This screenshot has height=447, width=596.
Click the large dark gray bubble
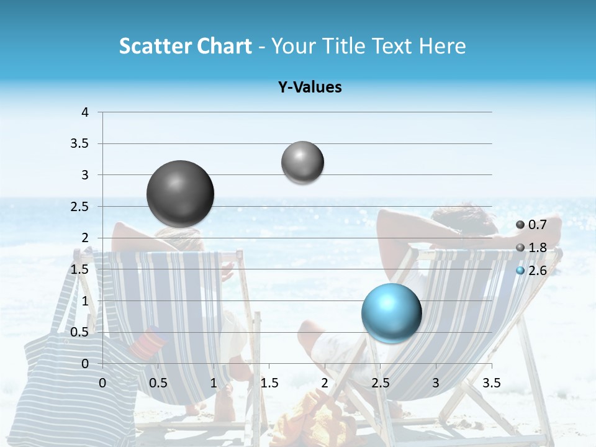click(181, 194)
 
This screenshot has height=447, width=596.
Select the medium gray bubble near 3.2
click(302, 162)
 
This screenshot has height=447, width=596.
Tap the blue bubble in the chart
click(391, 313)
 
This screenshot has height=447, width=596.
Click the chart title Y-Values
click(310, 88)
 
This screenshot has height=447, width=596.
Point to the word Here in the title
click(442, 46)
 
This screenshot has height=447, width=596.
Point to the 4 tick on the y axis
click(85, 112)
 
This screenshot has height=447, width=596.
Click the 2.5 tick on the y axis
click(80, 207)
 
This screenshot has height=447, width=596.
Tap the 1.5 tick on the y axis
click(80, 269)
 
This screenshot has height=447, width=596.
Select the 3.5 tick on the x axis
click(492, 383)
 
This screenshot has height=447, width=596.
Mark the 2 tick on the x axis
click(325, 383)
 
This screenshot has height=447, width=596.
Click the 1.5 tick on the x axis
click(269, 383)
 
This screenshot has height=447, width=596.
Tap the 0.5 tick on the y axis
click(80, 332)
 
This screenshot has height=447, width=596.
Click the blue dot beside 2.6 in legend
click(520, 271)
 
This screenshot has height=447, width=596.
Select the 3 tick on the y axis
click(85, 175)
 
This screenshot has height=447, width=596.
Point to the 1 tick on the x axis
click(214, 383)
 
